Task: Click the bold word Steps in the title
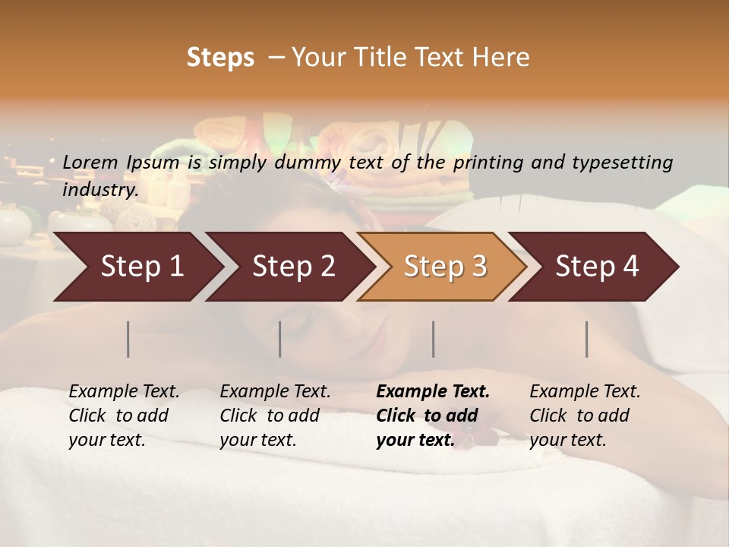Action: (220, 58)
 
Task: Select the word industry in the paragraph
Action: (99, 189)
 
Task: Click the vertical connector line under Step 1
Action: (128, 339)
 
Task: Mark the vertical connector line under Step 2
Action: (280, 339)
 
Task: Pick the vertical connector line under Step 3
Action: (433, 339)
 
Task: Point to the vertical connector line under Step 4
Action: (587, 339)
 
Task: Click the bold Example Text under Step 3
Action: (433, 392)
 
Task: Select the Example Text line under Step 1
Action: (124, 392)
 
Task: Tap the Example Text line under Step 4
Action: (585, 392)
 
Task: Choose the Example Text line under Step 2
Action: (275, 392)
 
